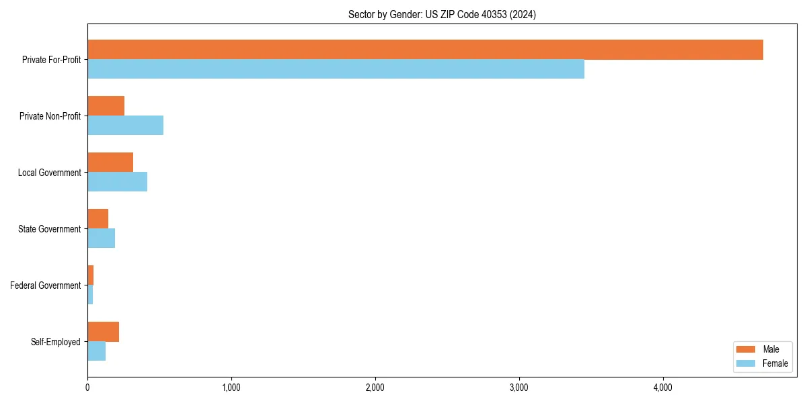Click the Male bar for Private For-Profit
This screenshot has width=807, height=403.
(425, 50)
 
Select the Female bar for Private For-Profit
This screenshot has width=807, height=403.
(336, 69)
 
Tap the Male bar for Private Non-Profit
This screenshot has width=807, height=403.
(106, 106)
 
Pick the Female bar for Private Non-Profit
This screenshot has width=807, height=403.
(125, 126)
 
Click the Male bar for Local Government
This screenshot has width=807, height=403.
(110, 163)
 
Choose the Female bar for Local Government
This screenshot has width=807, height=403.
(117, 182)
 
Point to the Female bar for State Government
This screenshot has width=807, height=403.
(101, 238)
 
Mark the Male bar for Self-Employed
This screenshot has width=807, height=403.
(103, 332)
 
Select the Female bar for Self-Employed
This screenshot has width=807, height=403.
(96, 351)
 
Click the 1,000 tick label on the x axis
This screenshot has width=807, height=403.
(231, 388)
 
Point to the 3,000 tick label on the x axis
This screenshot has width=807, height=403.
(518, 388)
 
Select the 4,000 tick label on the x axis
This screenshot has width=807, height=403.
(662, 388)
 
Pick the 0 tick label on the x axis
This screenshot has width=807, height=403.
(87, 388)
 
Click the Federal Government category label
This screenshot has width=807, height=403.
(46, 285)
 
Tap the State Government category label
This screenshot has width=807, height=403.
(49, 229)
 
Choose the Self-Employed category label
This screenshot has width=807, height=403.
(56, 342)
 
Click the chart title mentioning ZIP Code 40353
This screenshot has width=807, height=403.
(442, 14)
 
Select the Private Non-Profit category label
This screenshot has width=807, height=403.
(50, 116)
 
